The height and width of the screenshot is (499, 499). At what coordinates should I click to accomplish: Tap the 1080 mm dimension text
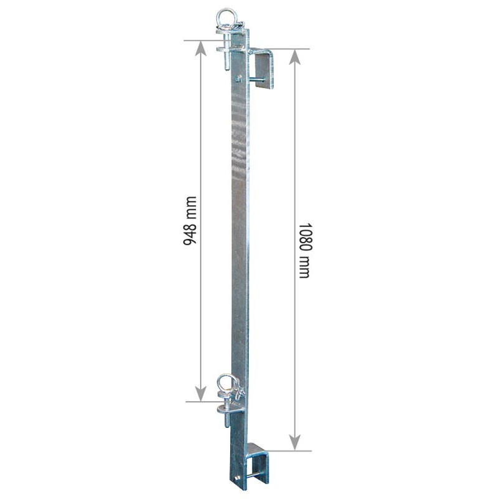pyautogui.click(x=304, y=249)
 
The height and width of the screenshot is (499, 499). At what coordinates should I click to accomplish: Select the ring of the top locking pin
pyautogui.click(x=224, y=17)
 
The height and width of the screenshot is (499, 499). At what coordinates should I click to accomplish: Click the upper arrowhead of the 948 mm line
pyautogui.click(x=201, y=49)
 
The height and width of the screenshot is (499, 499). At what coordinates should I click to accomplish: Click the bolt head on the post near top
pyautogui.click(x=239, y=78)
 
